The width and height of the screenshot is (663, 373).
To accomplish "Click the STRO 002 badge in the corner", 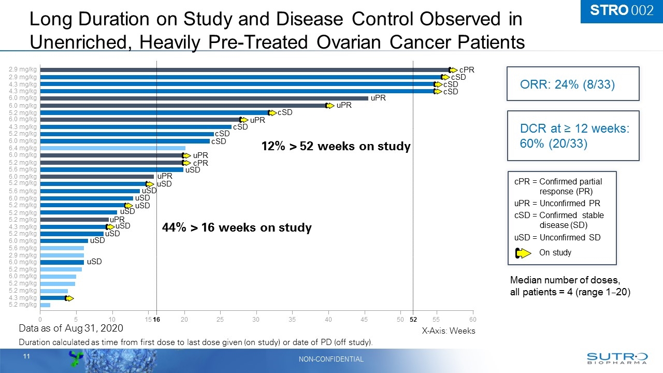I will coord(621,11).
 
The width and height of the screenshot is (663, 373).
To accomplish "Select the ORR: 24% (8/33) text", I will coord(567,84).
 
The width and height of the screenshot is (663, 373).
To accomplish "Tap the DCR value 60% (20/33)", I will coord(553,144).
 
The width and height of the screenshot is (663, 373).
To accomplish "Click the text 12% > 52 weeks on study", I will coord(336,147).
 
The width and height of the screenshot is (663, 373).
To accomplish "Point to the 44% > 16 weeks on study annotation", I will coord(237,227).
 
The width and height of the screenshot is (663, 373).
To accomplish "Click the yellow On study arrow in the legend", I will coord(523,253).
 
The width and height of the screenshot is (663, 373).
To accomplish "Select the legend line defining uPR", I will coord(557,203).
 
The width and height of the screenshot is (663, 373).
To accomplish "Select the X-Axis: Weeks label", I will coord(448,331).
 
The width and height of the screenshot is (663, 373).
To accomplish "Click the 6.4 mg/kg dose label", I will coord(23,148).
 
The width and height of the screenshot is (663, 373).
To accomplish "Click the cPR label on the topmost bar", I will coord(467,69).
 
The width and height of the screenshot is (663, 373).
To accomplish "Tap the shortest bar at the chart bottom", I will coord(45,305).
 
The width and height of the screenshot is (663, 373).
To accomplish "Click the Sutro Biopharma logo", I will coord(616,358).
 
